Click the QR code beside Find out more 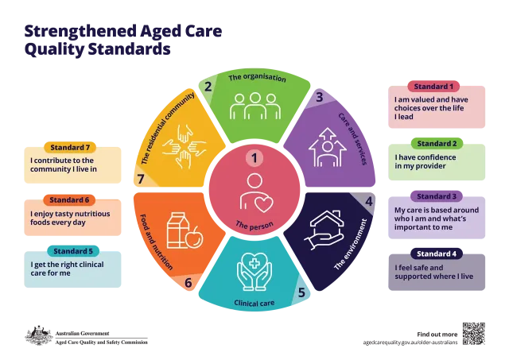pos(474,334)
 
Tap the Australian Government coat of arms pos(39,335)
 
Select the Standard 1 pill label pos(433,87)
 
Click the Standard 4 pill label pos(437,254)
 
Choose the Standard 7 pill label pos(70,147)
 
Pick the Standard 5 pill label pos(73,251)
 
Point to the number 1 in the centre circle pos(254,158)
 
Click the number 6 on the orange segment pos(188,283)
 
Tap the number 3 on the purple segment pos(320,97)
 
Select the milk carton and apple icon pos(185,230)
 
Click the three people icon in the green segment pos(254,106)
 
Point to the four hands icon pos(185,146)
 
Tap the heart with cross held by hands pos(254,271)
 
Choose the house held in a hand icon pos(324,230)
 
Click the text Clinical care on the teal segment pos(254,304)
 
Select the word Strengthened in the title pos(80,32)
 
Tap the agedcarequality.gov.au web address pos(410,343)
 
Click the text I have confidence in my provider pos(425,161)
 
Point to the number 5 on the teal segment pos(301,292)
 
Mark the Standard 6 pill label pos(69,199)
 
